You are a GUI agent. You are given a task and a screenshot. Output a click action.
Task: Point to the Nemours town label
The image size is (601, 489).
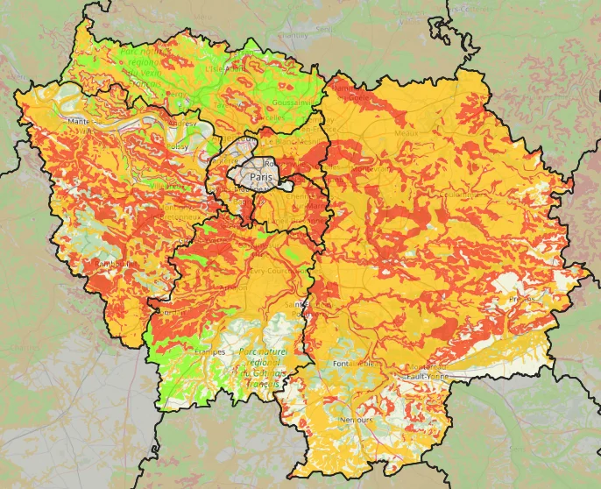pyautogui.click(x=356, y=420)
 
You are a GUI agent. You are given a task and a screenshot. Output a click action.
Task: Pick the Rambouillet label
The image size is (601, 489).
pyautogui.click(x=108, y=262)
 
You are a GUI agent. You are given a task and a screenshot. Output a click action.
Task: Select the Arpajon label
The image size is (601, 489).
pyautogui.click(x=230, y=286)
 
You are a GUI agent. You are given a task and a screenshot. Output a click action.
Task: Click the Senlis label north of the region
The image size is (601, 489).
pyautogui.click(x=324, y=29)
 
